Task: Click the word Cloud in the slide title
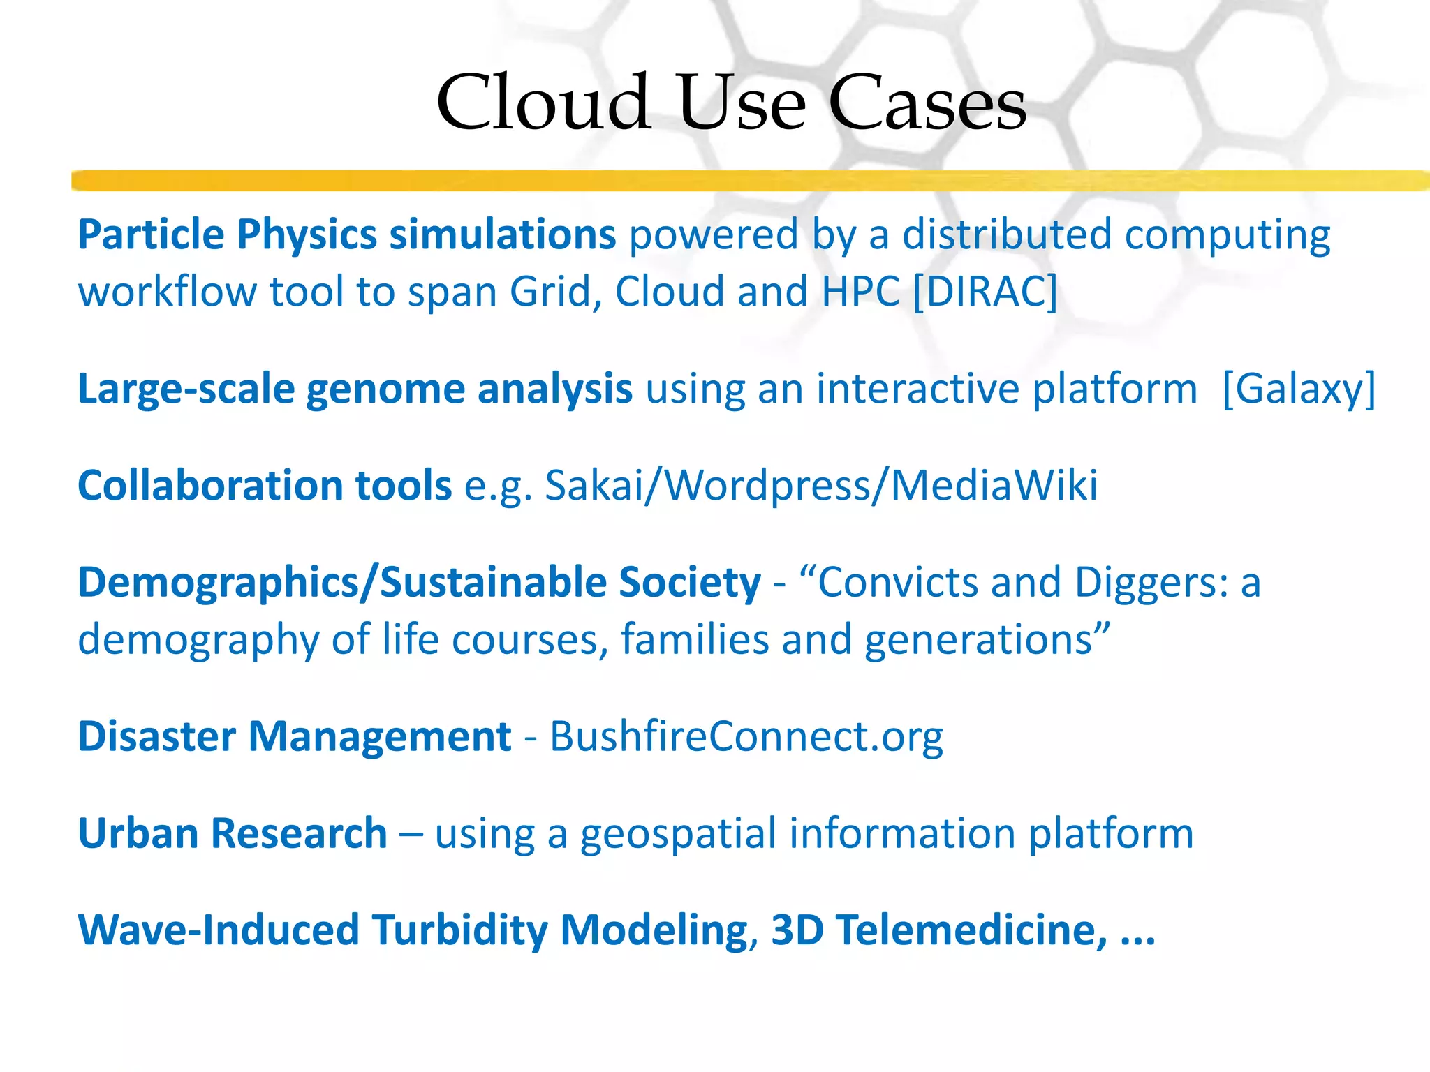[543, 103]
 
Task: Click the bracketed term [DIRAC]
[985, 292]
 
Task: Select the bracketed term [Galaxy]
[1299, 389]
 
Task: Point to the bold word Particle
[151, 234]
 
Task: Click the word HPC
[860, 292]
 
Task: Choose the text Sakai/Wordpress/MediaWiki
[820, 485]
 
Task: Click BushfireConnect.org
[746, 737]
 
